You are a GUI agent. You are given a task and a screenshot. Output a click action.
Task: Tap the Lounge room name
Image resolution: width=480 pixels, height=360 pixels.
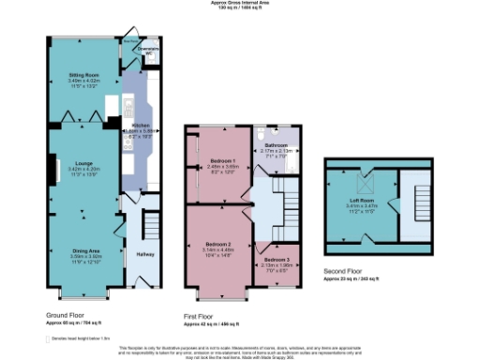pyautogui.click(x=77, y=164)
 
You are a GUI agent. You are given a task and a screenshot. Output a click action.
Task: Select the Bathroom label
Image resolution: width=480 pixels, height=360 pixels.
pyautogui.click(x=276, y=145)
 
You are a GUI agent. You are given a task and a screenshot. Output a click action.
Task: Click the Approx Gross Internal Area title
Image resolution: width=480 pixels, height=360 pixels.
pyautogui.click(x=240, y=3)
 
